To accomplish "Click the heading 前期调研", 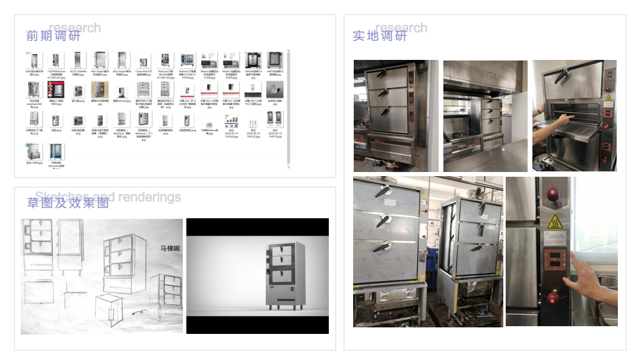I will tap(53, 36).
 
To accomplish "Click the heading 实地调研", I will tap(380, 36).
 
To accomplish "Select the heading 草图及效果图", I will tap(68, 203).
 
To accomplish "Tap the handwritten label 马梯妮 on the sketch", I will tap(170, 248).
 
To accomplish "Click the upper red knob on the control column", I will tap(554, 194).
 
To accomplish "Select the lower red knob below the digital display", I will tap(554, 296).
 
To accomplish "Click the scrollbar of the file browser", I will tap(288, 107).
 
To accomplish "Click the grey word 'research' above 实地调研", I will tap(401, 28).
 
